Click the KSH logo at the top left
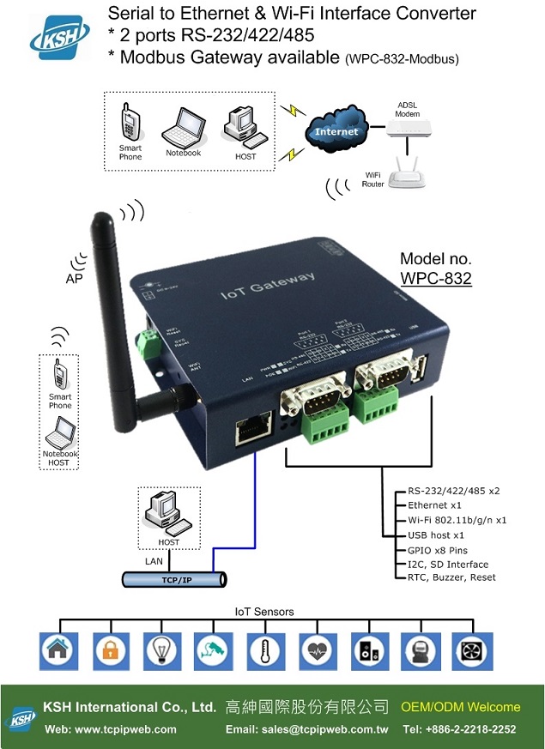[60, 35]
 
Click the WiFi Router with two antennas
[407, 175]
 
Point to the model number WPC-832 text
[435, 278]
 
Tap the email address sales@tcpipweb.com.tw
[307, 729]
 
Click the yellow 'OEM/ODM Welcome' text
[460, 707]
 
